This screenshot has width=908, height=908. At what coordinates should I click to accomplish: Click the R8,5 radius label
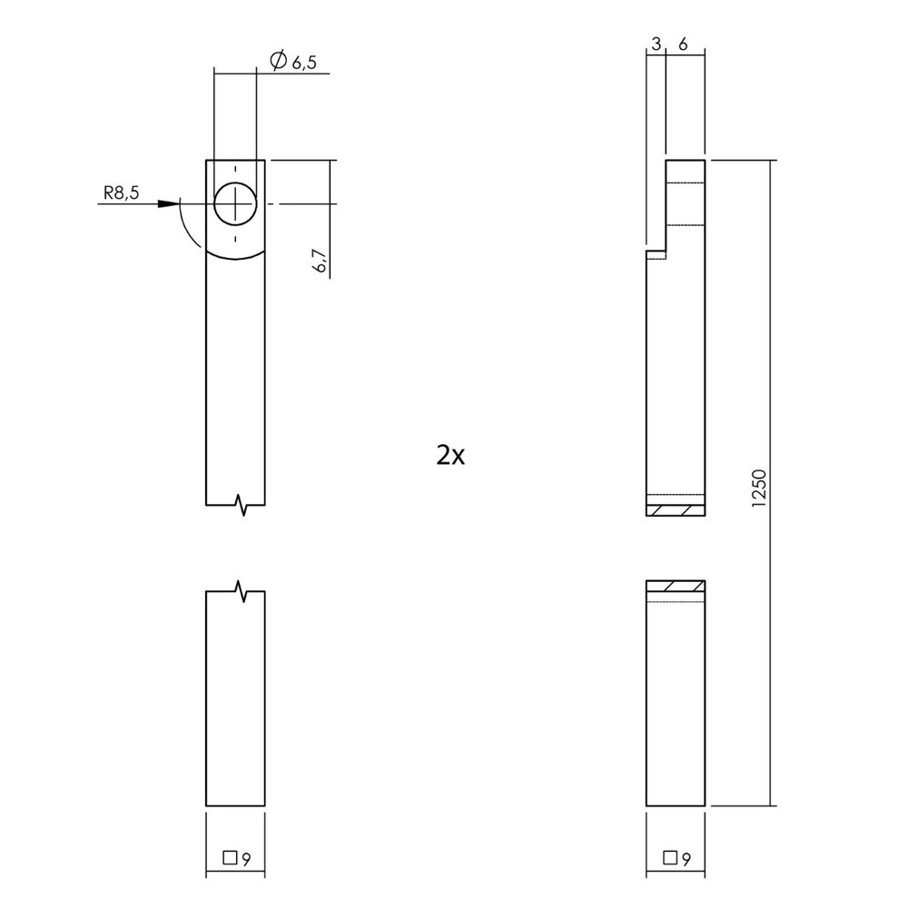122,193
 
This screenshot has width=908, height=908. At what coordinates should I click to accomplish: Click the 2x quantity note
450,455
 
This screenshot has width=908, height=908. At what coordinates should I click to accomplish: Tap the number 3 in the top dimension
655,44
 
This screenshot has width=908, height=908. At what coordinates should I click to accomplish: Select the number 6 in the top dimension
683,44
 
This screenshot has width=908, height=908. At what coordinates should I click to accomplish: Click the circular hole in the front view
235,203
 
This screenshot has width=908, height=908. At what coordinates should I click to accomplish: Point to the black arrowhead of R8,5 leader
167,203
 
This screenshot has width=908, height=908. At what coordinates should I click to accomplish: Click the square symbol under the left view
230,855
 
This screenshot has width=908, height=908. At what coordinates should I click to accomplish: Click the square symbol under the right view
670,855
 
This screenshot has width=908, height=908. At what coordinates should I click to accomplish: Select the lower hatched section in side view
675,587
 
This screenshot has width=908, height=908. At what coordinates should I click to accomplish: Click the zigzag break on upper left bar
242,505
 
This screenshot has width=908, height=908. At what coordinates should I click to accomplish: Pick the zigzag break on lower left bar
242,591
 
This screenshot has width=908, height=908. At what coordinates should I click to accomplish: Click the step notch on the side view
656,253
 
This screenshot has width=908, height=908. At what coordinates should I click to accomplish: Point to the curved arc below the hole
235,257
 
